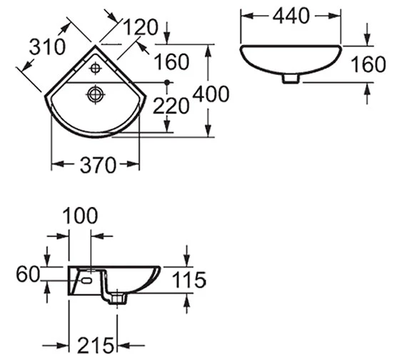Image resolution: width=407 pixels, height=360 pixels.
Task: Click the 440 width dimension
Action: pyautogui.click(x=291, y=16)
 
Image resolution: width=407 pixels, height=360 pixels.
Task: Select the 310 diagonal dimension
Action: pyautogui.click(x=48, y=46)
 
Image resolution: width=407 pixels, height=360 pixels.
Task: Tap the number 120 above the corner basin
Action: pyautogui.click(x=141, y=27)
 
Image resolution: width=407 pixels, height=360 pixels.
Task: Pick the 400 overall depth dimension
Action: pyautogui.click(x=211, y=94)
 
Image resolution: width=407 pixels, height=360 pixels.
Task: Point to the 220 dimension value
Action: pyautogui.click(x=171, y=106)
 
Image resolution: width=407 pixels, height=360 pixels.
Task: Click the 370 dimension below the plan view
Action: pyautogui.click(x=98, y=165)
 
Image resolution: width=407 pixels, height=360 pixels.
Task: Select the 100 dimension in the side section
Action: pyautogui.click(x=80, y=216)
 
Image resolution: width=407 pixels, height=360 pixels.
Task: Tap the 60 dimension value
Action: pyautogui.click(x=28, y=274)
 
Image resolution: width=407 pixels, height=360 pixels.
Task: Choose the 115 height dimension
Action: pyautogui.click(x=189, y=280)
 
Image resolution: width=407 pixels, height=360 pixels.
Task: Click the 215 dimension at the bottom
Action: pyautogui.click(x=96, y=345)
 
